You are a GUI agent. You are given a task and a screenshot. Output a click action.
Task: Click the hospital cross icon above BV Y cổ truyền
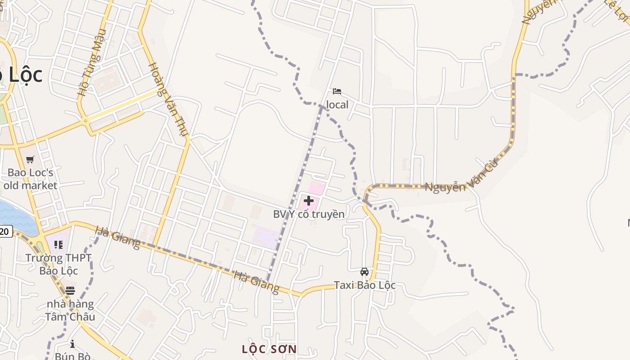tap(309, 200)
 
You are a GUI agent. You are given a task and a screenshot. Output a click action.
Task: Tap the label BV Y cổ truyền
tap(309, 214)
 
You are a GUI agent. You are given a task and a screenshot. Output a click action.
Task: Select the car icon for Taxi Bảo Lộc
tap(364, 272)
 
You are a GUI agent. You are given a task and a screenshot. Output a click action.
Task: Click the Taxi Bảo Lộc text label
tap(364, 285)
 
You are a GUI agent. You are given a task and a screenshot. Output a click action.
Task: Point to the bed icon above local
tap(337, 91)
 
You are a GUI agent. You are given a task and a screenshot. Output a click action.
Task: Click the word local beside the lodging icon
tap(337, 105)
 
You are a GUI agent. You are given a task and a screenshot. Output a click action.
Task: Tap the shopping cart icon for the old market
tap(30, 159)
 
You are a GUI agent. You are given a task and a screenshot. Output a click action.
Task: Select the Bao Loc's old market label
tap(30, 179)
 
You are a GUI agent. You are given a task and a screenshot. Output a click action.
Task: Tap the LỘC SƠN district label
tap(269, 349)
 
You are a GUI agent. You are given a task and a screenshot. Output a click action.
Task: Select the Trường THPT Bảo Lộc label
tap(58, 265)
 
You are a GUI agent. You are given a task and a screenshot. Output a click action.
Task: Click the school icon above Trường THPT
tap(58, 245)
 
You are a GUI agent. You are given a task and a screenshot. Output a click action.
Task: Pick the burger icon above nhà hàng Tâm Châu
tap(70, 291)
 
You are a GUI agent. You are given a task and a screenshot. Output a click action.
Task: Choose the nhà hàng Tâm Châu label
tap(70, 310)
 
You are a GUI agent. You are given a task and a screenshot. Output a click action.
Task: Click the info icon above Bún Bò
tap(72, 344)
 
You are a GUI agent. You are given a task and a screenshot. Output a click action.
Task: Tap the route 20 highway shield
tap(4, 232)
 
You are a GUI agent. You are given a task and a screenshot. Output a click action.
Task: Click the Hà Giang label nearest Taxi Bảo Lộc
tap(256, 282)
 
